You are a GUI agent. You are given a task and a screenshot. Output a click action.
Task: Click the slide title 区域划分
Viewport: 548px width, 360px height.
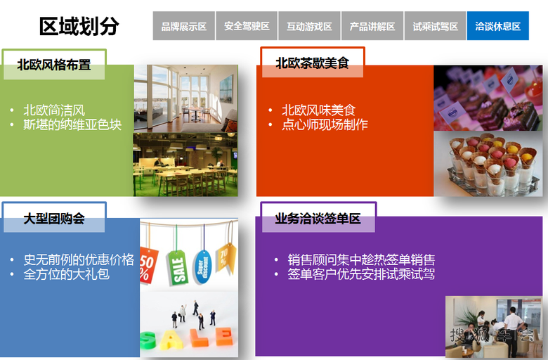[79, 26]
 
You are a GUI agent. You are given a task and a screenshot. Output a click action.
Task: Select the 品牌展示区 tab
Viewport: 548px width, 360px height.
[184, 27]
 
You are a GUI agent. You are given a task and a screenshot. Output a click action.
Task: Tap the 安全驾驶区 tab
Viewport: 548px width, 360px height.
[247, 27]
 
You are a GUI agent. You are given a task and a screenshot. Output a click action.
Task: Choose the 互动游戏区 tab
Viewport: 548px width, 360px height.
[309, 27]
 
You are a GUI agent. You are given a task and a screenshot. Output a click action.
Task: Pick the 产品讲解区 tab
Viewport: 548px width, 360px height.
[372, 27]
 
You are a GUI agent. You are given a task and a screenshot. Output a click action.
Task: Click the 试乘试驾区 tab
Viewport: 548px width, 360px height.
[436, 27]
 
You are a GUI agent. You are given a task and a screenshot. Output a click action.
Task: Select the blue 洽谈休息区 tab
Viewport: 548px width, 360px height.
[497, 27]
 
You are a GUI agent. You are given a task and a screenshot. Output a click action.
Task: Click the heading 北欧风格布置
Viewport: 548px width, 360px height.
[54, 65]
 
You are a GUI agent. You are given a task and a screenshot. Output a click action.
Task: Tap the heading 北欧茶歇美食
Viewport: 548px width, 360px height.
[311, 63]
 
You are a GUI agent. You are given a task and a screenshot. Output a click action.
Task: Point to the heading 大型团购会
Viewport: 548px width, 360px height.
[54, 219]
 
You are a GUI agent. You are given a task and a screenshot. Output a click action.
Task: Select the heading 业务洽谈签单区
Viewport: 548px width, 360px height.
[318, 219]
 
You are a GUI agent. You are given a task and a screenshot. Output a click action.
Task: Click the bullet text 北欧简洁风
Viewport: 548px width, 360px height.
[54, 110]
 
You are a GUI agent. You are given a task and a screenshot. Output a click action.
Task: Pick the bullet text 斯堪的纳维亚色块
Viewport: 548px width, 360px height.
[72, 125]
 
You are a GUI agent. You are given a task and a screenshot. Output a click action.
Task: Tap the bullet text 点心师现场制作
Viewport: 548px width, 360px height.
[325, 125]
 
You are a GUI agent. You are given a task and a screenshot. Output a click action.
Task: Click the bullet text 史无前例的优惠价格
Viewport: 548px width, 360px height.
[79, 259]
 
